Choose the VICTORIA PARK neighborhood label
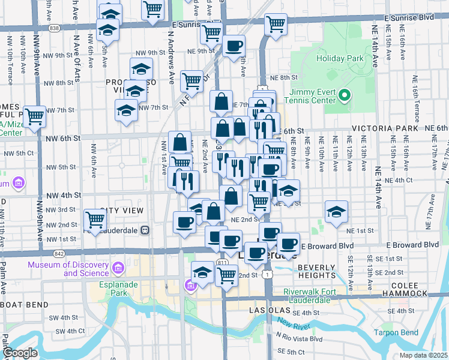click(384, 128)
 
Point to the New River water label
click(293, 325)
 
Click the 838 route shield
click(55, 28)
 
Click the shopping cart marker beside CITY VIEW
click(95, 220)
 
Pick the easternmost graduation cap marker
click(336, 211)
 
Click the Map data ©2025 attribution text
click(423, 355)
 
